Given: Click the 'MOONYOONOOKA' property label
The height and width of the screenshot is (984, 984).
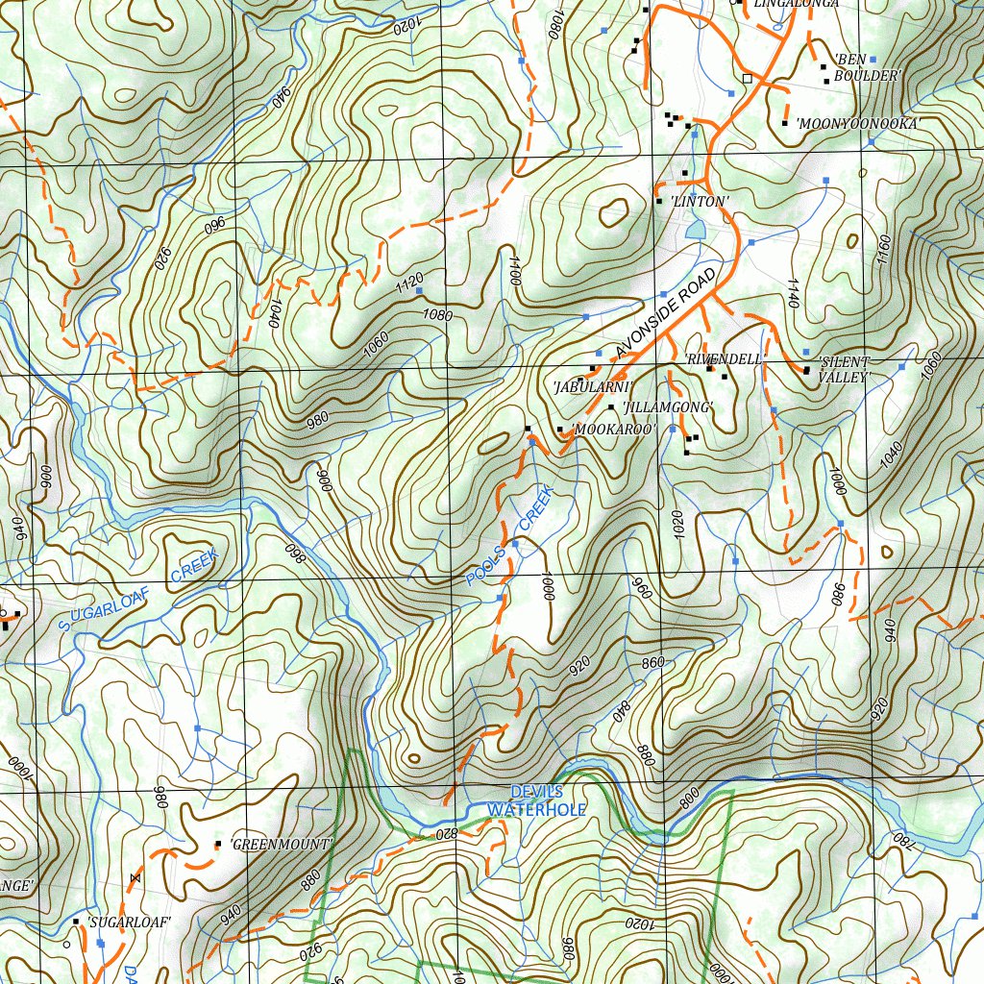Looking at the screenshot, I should pyautogui.click(x=856, y=124).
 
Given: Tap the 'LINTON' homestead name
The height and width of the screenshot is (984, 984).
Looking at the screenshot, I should pyautogui.click(x=700, y=201).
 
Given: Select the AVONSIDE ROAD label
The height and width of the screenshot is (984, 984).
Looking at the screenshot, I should pyautogui.click(x=667, y=313).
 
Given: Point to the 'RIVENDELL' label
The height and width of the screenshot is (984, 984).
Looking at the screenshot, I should pyautogui.click(x=725, y=358).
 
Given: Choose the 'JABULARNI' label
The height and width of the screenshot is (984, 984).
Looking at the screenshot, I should pyautogui.click(x=592, y=386).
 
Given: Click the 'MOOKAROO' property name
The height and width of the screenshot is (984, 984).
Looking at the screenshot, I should pyautogui.click(x=613, y=429).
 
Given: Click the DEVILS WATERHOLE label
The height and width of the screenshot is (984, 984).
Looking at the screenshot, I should pyautogui.click(x=535, y=800).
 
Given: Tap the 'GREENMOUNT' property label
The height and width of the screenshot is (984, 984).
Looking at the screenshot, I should pyautogui.click(x=281, y=845).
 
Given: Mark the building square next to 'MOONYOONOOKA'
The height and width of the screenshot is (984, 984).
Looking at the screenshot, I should pyautogui.click(x=785, y=123).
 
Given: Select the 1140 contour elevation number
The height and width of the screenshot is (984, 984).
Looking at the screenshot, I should pyautogui.click(x=793, y=293).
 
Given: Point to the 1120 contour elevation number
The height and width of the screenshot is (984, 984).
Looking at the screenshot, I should pyautogui.click(x=408, y=282).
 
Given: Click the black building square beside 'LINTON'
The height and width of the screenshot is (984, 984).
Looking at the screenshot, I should pyautogui.click(x=658, y=201).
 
